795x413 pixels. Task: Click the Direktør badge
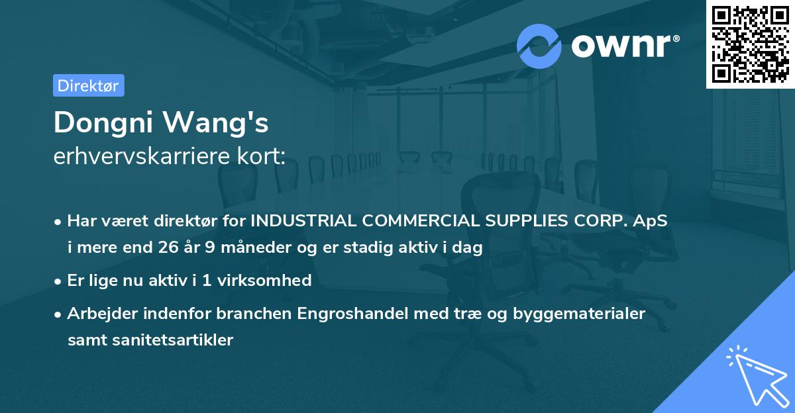(88, 85)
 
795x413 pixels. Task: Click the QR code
(751, 44)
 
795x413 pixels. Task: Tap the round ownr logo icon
(539, 46)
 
